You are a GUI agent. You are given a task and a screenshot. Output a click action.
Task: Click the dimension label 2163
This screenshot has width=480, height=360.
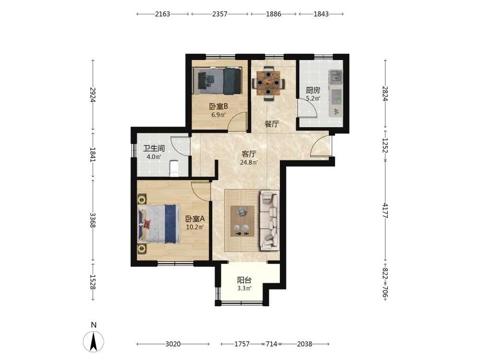click(x=162, y=14)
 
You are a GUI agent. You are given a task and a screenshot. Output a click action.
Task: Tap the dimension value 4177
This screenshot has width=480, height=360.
click(x=385, y=210)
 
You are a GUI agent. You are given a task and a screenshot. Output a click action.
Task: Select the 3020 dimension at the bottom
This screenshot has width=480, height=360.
click(x=173, y=344)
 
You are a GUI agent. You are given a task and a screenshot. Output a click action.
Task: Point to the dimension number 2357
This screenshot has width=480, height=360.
click(x=220, y=14)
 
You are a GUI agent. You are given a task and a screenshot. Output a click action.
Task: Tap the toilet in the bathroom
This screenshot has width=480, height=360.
click(x=174, y=168)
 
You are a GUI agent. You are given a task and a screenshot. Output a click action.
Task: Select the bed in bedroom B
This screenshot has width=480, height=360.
click(x=217, y=81)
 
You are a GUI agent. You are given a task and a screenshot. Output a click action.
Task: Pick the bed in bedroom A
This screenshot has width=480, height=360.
click(x=159, y=224)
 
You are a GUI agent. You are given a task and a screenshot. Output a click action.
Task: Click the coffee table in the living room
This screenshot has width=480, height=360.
click(x=242, y=221)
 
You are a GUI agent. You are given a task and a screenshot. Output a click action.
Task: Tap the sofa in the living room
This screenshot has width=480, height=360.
click(x=270, y=220)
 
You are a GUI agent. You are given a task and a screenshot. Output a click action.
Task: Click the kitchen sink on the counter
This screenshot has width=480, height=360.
click(x=336, y=77)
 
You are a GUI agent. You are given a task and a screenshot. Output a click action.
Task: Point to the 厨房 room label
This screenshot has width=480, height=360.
click(x=313, y=90)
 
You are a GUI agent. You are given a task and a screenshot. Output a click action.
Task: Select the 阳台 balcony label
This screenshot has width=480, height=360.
click(x=244, y=280)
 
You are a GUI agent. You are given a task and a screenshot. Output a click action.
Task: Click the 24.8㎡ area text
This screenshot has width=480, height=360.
click(x=249, y=163)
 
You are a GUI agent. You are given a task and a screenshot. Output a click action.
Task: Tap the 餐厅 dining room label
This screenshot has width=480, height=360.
click(x=272, y=124)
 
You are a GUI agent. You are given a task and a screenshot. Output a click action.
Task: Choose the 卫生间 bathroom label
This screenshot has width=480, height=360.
click(x=154, y=148)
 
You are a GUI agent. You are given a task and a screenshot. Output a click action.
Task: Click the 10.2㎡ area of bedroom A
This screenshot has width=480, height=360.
click(x=195, y=227)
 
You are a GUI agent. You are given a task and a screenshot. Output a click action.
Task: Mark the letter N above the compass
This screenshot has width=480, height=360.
click(x=94, y=325)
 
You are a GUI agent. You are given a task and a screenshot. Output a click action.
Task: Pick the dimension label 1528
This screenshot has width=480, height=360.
click(x=93, y=282)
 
